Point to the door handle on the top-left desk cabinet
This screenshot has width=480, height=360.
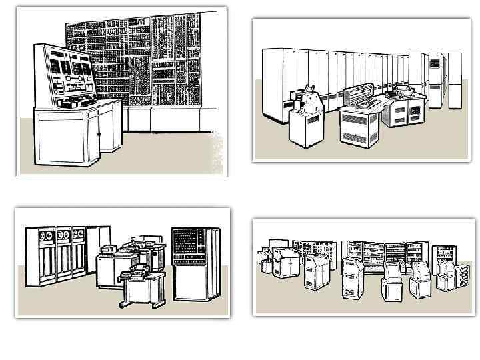(99, 134)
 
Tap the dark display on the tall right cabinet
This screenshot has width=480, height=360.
(434, 63)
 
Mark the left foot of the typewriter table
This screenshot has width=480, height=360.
(123, 304)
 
